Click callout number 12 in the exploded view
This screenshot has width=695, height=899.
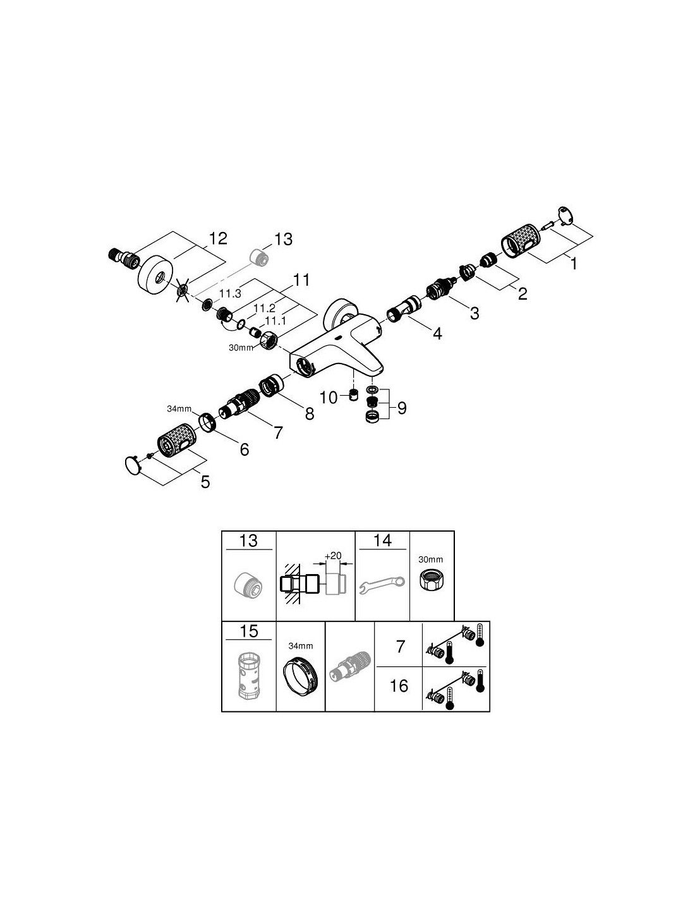point(217,239)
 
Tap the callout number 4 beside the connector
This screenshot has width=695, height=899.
point(437,333)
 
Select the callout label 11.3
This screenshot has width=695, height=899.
point(230,294)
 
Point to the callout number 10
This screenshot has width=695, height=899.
point(329,398)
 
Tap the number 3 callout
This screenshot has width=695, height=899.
point(474,313)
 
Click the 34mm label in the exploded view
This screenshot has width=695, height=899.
point(178,409)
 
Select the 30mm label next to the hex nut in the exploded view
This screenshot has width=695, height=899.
point(241,347)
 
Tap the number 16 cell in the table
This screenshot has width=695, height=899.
point(399,685)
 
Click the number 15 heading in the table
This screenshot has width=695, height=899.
point(249,631)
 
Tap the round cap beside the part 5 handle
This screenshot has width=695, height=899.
point(133,465)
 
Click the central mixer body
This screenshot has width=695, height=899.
point(335,348)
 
